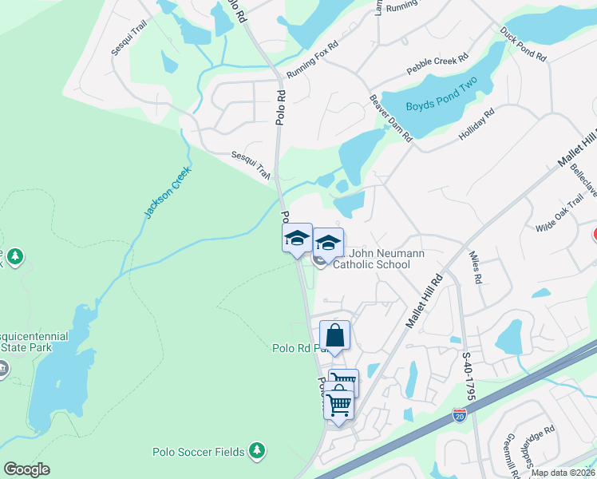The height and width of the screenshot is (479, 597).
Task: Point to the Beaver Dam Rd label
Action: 390,119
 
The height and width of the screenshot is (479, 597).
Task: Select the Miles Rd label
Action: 476,270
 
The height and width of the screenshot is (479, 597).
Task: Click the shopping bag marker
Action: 335,335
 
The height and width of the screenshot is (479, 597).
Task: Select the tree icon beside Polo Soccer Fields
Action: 256,451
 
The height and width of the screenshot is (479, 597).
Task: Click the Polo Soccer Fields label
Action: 198,452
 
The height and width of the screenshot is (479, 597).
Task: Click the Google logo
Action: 26,469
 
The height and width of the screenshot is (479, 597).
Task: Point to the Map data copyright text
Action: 563,473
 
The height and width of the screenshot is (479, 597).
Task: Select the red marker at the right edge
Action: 595,236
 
